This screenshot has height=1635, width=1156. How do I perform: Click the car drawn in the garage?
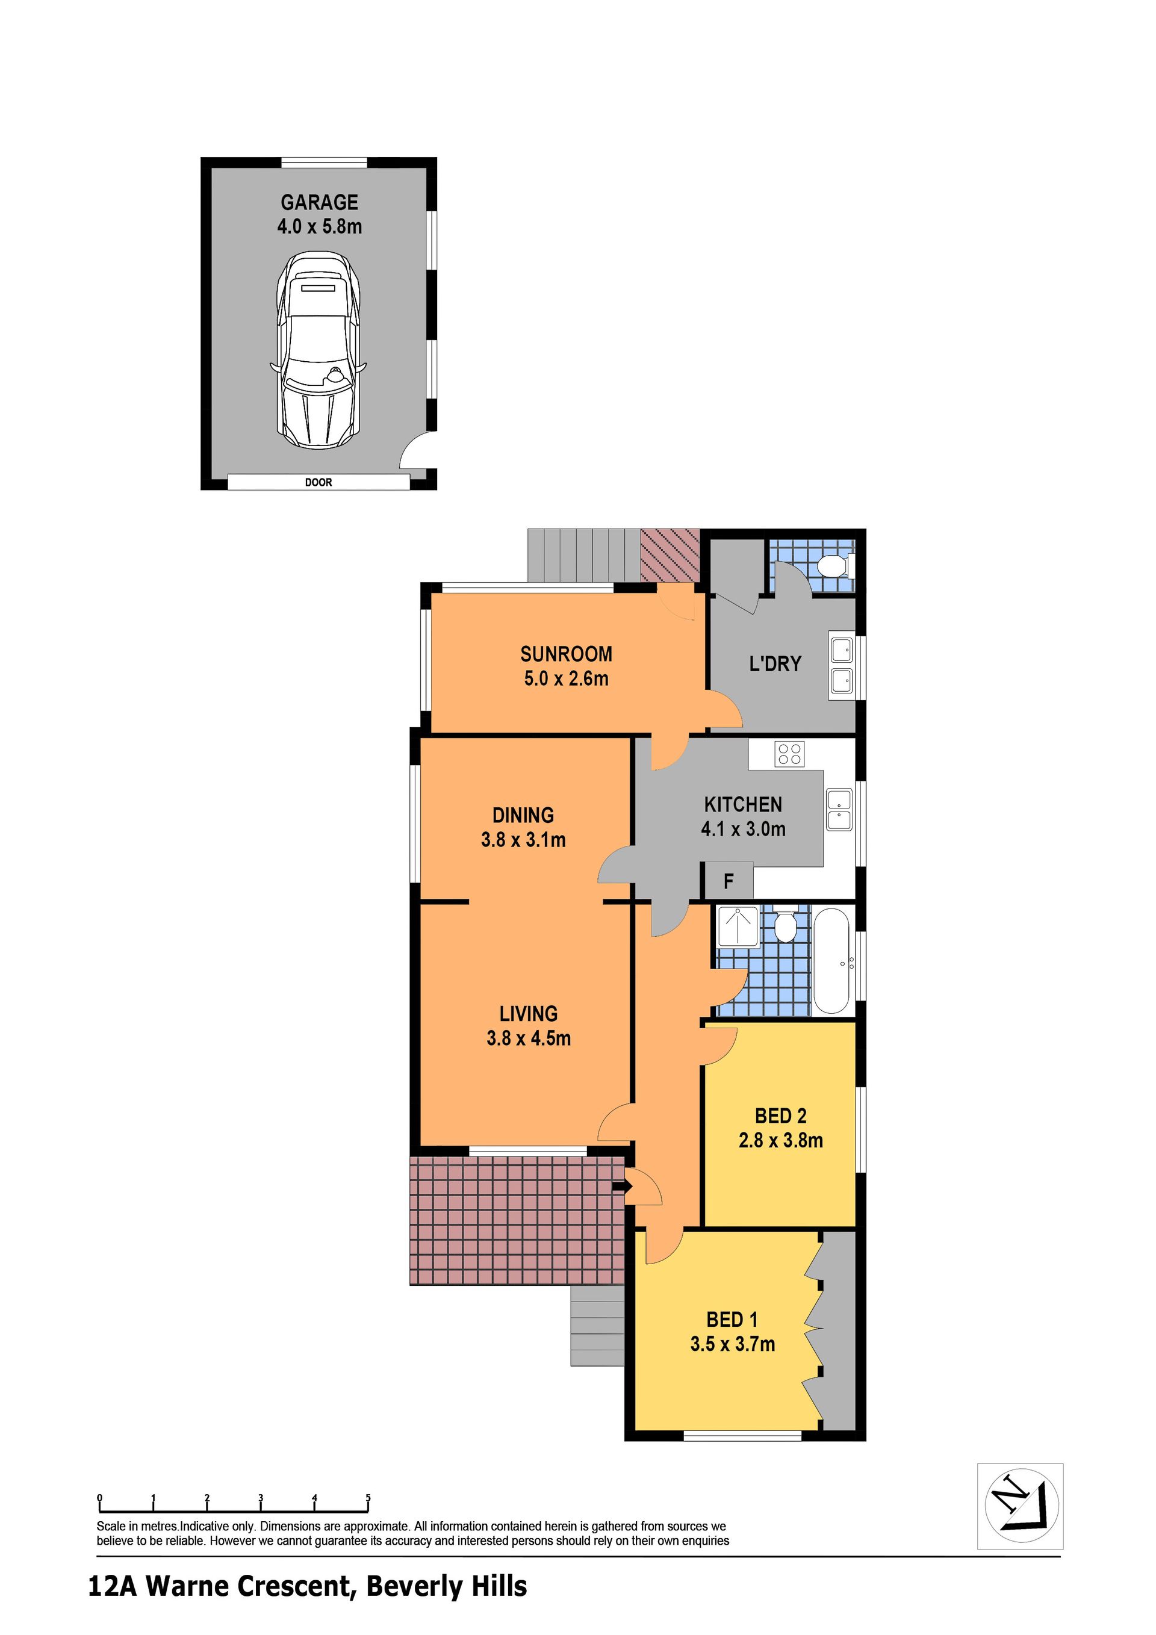point(318,350)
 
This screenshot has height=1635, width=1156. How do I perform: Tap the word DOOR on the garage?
point(319,482)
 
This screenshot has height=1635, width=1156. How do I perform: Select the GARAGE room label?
point(319,202)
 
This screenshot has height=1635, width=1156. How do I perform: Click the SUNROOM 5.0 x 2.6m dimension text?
point(566,678)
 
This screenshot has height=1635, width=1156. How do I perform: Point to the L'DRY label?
point(775,663)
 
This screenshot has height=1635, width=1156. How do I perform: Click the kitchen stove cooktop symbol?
point(789,754)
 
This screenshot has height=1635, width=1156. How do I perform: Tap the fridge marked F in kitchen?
point(728,881)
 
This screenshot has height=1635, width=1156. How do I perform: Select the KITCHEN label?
point(743,805)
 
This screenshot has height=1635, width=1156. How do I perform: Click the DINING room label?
point(523,815)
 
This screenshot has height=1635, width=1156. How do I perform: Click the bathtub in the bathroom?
point(830,961)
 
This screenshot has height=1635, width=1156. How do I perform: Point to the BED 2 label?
point(781,1116)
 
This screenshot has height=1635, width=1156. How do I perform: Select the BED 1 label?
point(732,1320)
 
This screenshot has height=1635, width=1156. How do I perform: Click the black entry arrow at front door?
point(622,1187)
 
